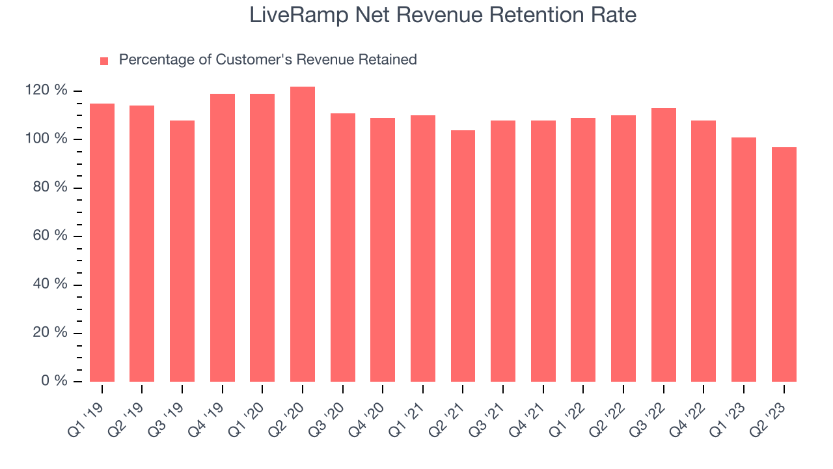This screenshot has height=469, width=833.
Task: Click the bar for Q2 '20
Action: (303, 234)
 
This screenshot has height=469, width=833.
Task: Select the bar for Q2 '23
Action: (784, 264)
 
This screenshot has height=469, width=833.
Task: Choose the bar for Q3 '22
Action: (663, 245)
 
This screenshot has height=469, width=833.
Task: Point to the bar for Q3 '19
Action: (182, 251)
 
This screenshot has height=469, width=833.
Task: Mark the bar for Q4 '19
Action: (223, 238)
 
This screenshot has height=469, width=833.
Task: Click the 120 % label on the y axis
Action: (46, 91)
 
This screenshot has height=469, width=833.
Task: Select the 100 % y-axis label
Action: (46, 139)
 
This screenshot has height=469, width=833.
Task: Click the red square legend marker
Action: (104, 61)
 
